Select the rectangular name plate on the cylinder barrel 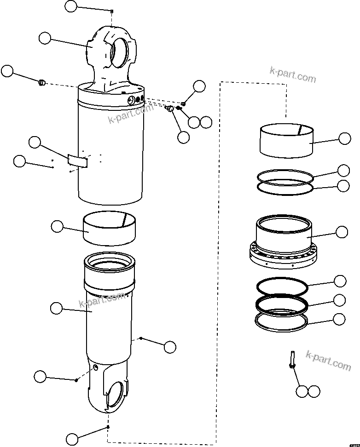tap(77, 160)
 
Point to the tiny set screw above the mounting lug tap(112, 11)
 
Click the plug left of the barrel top tap(41, 83)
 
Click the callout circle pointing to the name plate tap(35, 142)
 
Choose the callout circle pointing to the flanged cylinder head tap(342, 232)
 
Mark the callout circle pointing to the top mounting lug tap(45, 38)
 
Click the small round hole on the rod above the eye tap(95, 367)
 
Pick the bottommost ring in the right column tap(281, 321)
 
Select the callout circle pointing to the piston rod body tap(56, 308)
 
